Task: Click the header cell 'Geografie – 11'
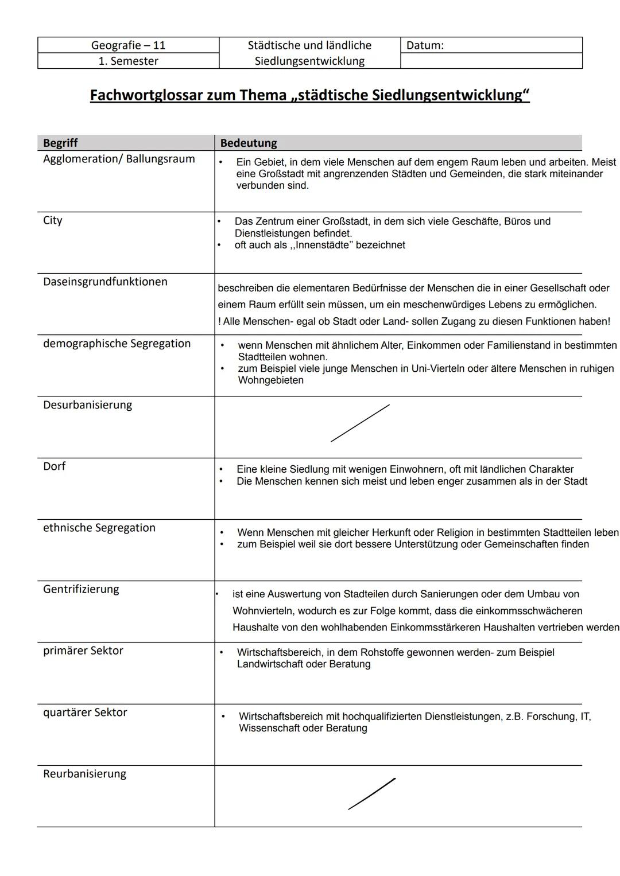point(128,45)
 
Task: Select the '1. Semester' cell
point(128,61)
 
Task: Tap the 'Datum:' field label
point(425,45)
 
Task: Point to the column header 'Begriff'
point(60,143)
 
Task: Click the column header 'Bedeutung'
point(248,143)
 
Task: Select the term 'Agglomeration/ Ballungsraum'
point(119,159)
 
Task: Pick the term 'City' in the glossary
point(53,220)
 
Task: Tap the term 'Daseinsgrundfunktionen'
point(105,282)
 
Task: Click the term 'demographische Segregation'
point(117,344)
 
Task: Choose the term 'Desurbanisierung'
point(87,405)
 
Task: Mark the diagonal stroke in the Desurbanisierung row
point(360,423)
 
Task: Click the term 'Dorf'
point(55,466)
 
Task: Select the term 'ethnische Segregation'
point(99,528)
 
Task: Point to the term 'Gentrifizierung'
point(81,589)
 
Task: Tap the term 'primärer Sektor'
point(83,651)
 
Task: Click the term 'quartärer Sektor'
point(85,713)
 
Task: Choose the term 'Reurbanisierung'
point(84,774)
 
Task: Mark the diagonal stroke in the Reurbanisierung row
point(371,794)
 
